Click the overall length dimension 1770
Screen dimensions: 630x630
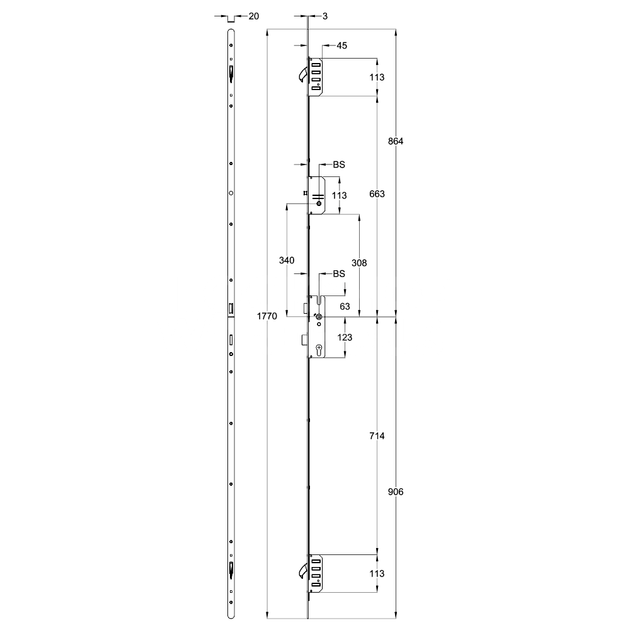(267, 317)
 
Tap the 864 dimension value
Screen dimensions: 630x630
(395, 141)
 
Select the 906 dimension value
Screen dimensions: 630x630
(395, 491)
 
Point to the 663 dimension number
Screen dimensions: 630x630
(377, 193)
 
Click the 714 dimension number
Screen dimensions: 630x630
(377, 436)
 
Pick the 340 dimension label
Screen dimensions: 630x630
(287, 260)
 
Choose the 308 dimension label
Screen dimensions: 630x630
(359, 263)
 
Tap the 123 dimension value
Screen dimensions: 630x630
(345, 338)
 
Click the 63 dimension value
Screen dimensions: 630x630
(345, 307)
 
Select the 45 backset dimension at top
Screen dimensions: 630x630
(342, 45)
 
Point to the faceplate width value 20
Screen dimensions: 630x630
(253, 16)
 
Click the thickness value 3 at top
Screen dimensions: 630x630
(323, 16)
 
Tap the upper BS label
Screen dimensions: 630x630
(339, 165)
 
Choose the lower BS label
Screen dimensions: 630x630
(339, 274)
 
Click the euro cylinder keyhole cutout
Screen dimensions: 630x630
(319, 349)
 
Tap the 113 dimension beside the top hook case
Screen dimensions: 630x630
(377, 77)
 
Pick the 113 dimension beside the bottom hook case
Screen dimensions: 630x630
(377, 573)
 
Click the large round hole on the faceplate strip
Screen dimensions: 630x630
(231, 193)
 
